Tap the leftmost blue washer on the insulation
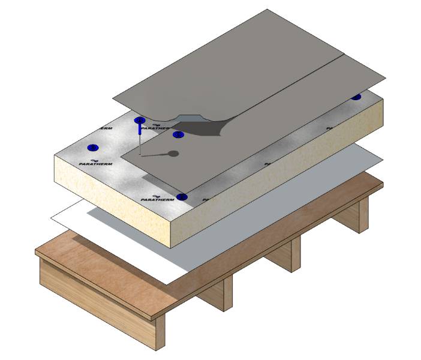[92, 148]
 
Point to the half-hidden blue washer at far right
[356, 97]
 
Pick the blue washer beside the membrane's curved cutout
[178, 134]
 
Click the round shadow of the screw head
[173, 154]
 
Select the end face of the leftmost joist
[158, 332]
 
